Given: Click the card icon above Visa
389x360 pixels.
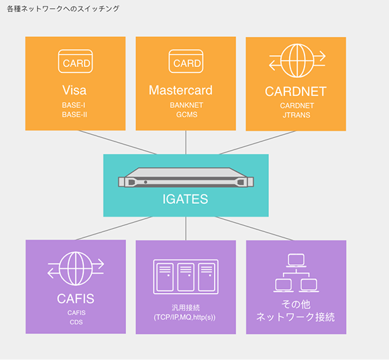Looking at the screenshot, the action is [x=75, y=61].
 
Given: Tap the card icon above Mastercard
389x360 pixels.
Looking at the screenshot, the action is [x=186, y=61].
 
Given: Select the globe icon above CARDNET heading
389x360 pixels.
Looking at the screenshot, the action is [x=297, y=60].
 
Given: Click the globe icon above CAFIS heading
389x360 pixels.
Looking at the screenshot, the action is [x=76, y=269].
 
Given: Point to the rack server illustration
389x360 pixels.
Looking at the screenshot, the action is [x=186, y=178].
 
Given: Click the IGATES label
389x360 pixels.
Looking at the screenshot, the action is [x=185, y=199].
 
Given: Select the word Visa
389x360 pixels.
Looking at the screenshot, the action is [x=74, y=90].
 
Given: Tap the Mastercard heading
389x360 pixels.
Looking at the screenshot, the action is [x=180, y=90].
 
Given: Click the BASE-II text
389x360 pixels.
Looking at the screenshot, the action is [x=74, y=115].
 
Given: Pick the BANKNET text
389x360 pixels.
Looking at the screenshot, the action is [x=186, y=105].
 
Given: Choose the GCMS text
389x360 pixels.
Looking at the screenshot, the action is [x=187, y=115].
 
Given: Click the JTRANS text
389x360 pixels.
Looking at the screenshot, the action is [x=296, y=115].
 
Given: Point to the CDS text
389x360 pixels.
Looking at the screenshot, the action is [x=76, y=322].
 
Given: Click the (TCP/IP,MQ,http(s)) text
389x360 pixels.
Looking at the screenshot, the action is [x=184, y=317].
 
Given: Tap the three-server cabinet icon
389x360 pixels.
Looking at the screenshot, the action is [x=186, y=277].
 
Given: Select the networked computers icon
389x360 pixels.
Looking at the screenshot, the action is [x=296, y=273].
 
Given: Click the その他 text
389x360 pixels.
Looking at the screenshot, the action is [x=296, y=304].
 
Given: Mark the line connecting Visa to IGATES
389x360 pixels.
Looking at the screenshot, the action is [x=117, y=142].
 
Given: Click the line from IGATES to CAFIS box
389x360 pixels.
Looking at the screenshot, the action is [x=114, y=229].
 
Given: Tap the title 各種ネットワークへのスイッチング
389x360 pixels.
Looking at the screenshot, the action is [x=63, y=9].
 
